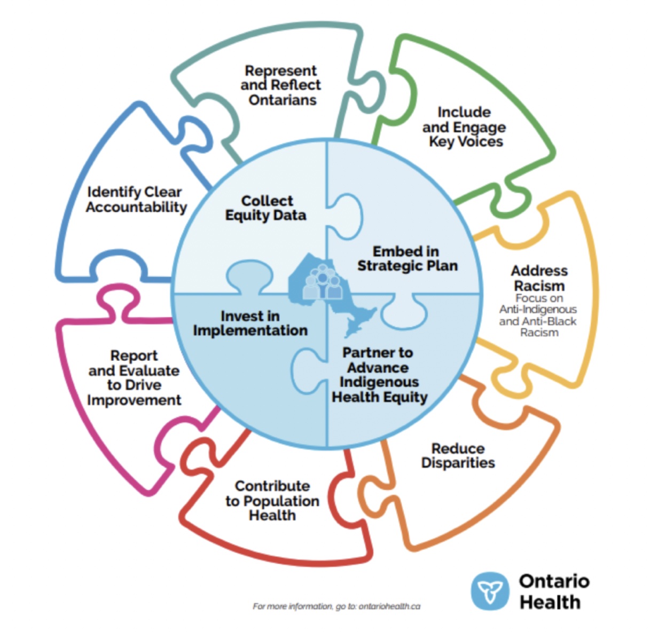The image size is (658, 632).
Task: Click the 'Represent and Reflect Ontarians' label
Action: pos(281,85)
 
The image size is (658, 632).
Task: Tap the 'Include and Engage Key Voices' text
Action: pos(464,127)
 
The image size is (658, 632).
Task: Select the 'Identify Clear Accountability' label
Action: pos(136,200)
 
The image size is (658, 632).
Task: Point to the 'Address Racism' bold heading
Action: pos(539,278)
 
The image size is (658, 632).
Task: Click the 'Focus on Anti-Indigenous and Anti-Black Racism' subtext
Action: pos(538,315)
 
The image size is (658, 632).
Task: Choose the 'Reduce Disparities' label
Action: pos(458,456)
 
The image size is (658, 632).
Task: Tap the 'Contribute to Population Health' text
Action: pos(272,501)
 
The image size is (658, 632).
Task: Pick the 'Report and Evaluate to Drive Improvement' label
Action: pos(134,378)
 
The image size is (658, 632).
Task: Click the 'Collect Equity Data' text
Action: pos(266,208)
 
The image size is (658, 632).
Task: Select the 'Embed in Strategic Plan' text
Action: pos(407,258)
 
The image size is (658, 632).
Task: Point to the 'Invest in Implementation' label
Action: pos(250,323)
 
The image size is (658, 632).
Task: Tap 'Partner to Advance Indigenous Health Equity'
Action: pos(379,375)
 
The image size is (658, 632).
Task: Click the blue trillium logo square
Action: pos(490,591)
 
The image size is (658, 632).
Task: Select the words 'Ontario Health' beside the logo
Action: pos(554,591)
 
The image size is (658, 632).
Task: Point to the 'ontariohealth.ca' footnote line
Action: pos(336,606)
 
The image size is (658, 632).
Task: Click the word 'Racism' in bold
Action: pos(539,286)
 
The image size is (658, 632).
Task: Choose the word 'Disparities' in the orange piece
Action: pos(458,463)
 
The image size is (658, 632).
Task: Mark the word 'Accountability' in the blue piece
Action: pos(137,207)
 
